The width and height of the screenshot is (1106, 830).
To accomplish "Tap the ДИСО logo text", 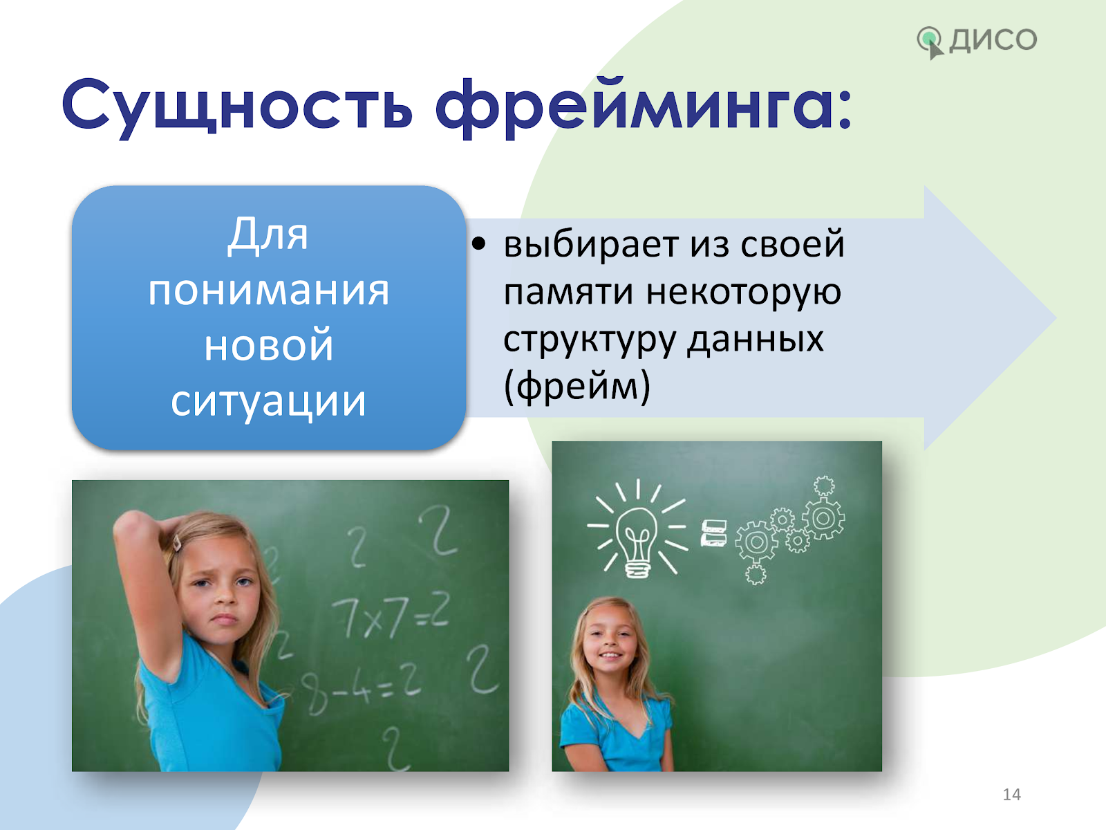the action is pyautogui.click(x=993, y=40).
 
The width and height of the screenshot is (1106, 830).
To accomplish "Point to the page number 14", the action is pyautogui.click(x=1012, y=795).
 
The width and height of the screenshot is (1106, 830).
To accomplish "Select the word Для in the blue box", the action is pyautogui.click(x=268, y=235).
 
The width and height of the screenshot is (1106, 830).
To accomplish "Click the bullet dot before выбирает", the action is pyautogui.click(x=478, y=244).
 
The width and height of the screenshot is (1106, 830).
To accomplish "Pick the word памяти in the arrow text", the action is pyautogui.click(x=568, y=293).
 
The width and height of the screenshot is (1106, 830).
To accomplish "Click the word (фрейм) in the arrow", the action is pyautogui.click(x=577, y=387).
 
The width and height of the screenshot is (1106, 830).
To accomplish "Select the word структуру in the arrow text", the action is pyautogui.click(x=590, y=340).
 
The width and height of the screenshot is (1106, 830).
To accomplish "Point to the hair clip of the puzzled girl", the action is pyautogui.click(x=177, y=543).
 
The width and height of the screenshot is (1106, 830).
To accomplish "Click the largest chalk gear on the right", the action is pyautogui.click(x=823, y=519).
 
